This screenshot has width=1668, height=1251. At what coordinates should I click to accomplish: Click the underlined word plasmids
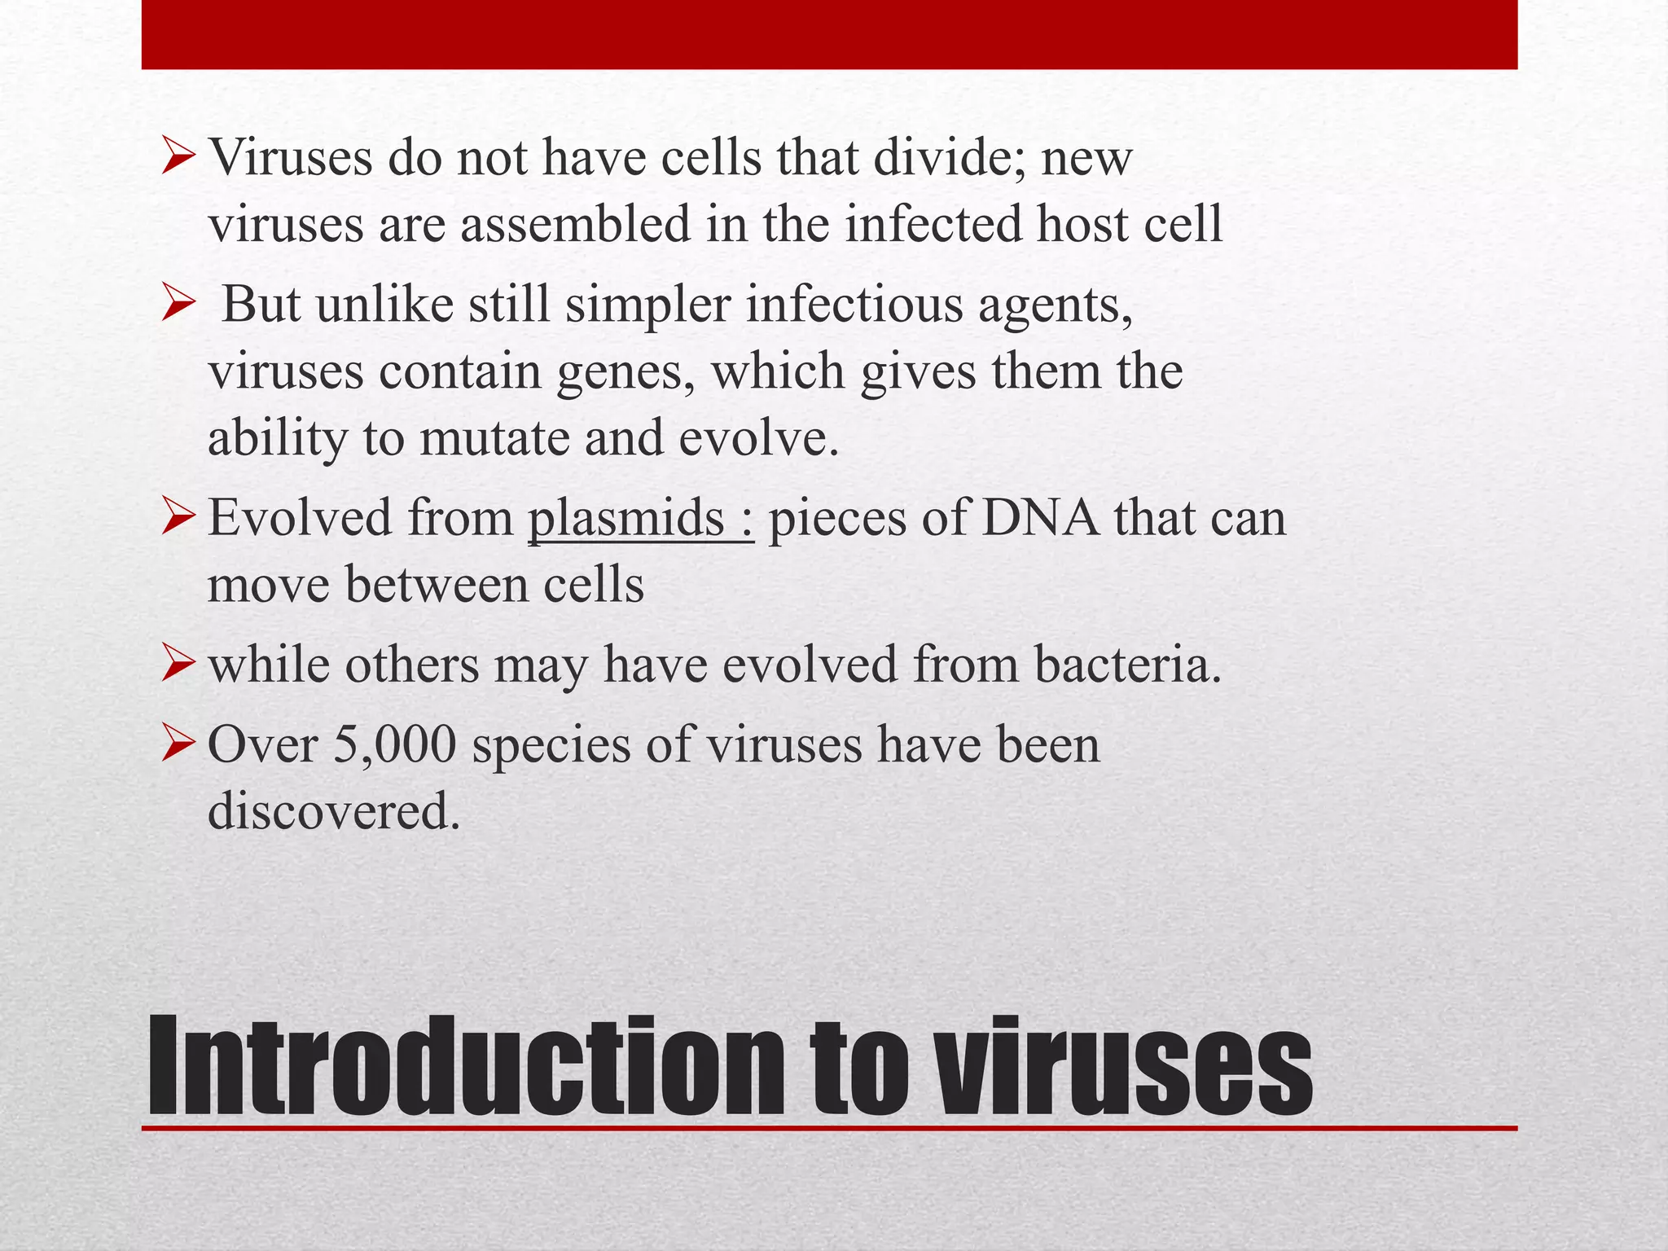click(625, 519)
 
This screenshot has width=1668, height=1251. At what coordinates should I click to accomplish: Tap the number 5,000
click(394, 745)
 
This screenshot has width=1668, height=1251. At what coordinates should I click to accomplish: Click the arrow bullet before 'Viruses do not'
click(178, 156)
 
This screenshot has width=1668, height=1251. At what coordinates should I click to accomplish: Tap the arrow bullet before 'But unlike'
click(178, 305)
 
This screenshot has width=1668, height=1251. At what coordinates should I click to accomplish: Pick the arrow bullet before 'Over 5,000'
click(178, 744)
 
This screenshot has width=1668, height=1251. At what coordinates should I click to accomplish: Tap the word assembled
click(575, 224)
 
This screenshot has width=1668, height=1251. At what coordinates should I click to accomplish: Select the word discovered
click(334, 812)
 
